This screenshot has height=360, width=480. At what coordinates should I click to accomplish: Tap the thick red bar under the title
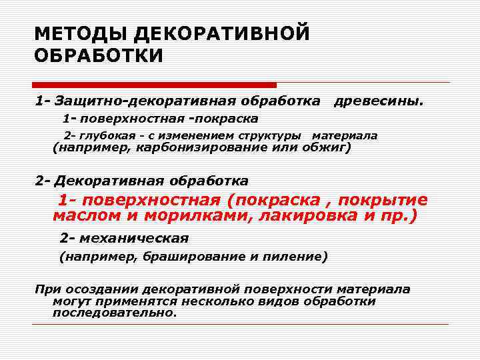[154, 85]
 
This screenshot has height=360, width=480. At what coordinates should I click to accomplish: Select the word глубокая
[103, 135]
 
